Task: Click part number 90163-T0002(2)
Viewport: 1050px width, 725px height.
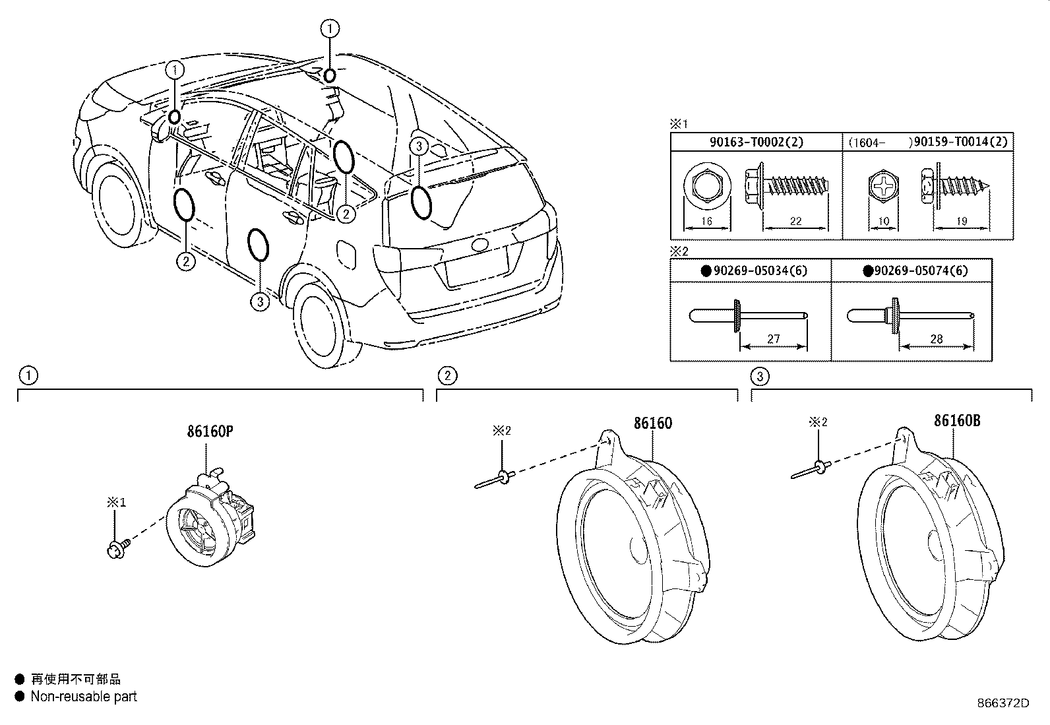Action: click(x=756, y=142)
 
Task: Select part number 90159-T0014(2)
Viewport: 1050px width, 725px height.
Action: click(x=960, y=142)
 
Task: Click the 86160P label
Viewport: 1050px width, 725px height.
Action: click(x=210, y=431)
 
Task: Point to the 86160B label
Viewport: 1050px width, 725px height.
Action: click(x=957, y=421)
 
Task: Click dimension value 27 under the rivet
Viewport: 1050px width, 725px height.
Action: click(x=774, y=338)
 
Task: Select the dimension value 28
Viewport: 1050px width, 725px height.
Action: click(x=936, y=338)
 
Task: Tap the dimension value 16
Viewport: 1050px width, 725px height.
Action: click(x=706, y=221)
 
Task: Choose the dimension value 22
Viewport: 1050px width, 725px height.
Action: click(x=795, y=221)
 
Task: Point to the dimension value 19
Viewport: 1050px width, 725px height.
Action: click(x=962, y=221)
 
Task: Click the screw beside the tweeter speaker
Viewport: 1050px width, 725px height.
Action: click(x=119, y=548)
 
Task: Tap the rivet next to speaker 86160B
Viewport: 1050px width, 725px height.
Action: click(x=811, y=470)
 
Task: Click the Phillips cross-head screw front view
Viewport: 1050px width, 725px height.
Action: click(x=884, y=187)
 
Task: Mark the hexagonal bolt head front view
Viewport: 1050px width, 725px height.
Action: click(x=707, y=186)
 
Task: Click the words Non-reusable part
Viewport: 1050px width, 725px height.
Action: click(x=84, y=697)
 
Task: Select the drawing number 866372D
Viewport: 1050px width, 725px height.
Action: click(x=1003, y=703)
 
